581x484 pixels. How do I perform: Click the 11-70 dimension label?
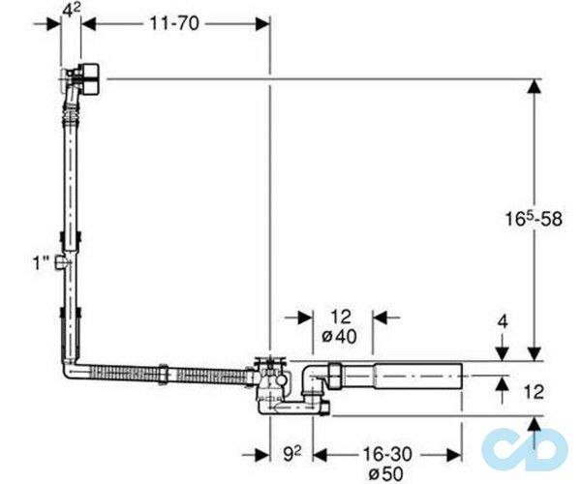click(x=174, y=24)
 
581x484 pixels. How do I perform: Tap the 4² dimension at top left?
click(x=71, y=10)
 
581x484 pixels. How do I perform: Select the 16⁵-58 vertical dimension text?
click(x=535, y=219)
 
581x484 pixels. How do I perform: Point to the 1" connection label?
click(x=41, y=263)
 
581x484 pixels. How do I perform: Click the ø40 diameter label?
click(x=340, y=337)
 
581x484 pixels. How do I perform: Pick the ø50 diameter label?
click(x=386, y=473)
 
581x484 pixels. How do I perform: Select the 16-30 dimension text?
click(x=387, y=454)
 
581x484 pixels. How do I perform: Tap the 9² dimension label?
click(x=292, y=454)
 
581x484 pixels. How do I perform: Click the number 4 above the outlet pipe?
click(x=503, y=322)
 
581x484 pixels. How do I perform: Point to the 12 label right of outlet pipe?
click(x=534, y=392)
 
